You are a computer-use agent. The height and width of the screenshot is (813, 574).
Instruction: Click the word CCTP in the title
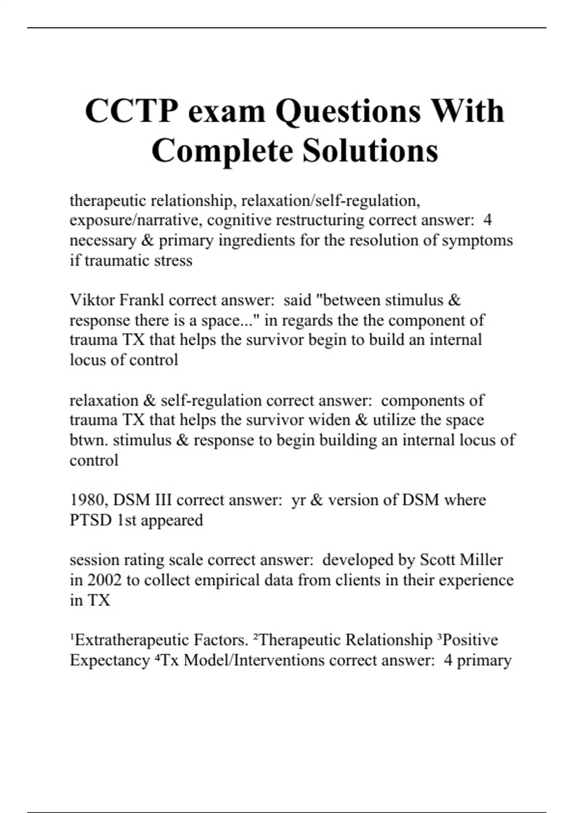(132, 111)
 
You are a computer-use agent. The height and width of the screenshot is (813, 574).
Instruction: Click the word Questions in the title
(348, 111)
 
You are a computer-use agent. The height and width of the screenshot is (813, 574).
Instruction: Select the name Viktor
(92, 300)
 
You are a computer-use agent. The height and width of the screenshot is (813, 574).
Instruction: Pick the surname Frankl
(141, 300)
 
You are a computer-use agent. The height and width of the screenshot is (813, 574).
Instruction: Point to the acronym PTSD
(91, 520)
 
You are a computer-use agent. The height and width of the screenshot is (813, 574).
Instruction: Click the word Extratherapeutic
(132, 640)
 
